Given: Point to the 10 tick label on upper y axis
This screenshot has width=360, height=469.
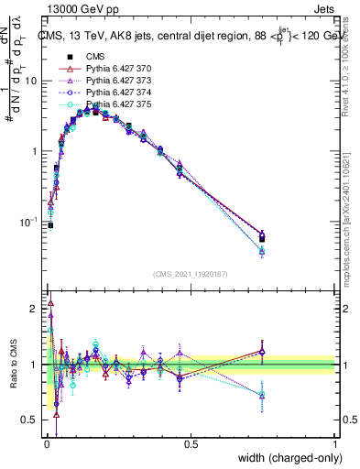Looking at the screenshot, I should tap(31, 81).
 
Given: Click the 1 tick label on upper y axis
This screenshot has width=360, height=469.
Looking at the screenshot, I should tap(34, 151).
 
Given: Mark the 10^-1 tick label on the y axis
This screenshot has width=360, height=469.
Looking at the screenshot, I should tap(29, 223).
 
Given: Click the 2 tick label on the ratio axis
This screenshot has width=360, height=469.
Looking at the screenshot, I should tap(34, 309).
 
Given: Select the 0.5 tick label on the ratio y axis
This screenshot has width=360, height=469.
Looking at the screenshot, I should tap(29, 420).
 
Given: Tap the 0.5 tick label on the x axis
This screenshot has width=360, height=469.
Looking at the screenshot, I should tap(191, 444).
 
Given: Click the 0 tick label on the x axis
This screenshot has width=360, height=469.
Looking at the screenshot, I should tap(46, 444).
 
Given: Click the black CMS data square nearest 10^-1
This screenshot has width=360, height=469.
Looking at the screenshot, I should tap(50, 224).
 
